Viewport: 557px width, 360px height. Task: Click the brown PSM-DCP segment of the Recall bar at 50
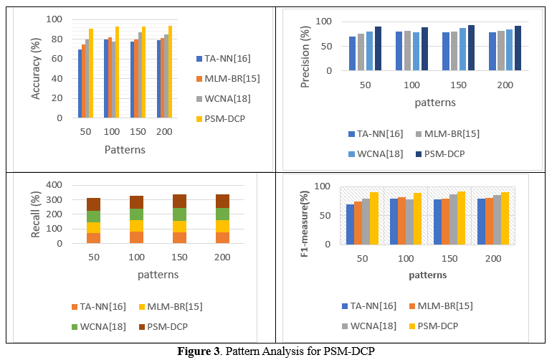93,204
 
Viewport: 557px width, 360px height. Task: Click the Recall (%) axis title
36,215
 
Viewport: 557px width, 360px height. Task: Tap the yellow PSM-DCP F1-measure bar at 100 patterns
416,218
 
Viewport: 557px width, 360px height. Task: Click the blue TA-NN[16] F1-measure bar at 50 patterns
350,224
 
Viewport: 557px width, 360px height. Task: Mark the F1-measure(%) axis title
304,215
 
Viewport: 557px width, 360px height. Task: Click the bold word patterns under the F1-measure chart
427,275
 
